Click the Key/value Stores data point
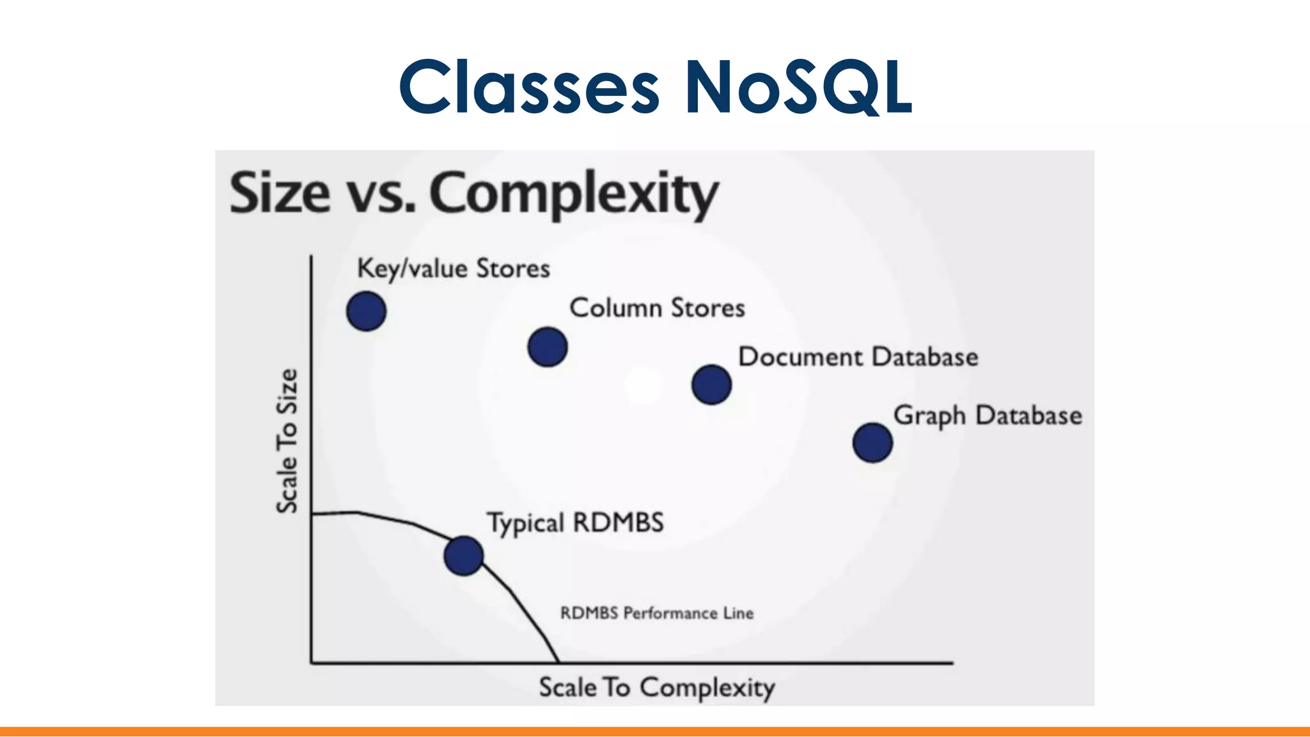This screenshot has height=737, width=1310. [366, 311]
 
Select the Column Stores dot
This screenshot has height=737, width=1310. [548, 347]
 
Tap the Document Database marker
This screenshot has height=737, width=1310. [711, 384]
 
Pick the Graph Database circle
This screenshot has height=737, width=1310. [872, 442]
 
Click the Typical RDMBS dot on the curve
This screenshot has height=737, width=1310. [463, 555]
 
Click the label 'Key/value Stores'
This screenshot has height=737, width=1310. [453, 269]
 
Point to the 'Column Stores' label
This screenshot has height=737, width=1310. [657, 308]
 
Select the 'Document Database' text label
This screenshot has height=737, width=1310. [858, 357]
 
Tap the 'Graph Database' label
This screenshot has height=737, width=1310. [987, 415]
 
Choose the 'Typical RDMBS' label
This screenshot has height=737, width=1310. [575, 523]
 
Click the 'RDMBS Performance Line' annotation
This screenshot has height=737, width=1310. [656, 613]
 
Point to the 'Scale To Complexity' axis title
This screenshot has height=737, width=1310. [656, 688]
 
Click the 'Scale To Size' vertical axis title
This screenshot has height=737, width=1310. [287, 441]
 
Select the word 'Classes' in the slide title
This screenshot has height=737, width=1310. [528, 87]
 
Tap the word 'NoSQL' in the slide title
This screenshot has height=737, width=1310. [798, 87]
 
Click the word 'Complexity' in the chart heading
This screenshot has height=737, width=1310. [574, 193]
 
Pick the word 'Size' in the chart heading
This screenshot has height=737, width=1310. [280, 193]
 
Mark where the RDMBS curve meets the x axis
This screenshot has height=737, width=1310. [558, 662]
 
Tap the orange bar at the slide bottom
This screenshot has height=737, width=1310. [655, 731]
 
